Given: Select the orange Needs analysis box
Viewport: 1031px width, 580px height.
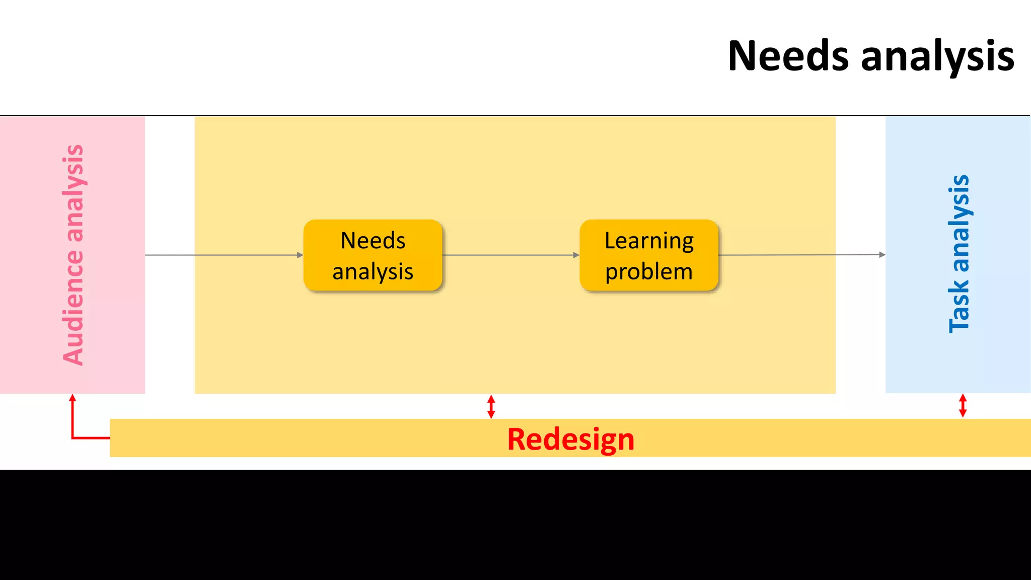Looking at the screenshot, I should pos(373,255).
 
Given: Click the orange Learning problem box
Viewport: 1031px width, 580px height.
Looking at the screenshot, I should pos(649,255).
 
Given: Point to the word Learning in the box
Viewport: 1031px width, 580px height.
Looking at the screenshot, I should pos(649,241).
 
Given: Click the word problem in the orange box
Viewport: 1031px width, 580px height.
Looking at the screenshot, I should pos(649,272).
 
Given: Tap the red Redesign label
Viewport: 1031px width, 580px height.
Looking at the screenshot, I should pos(570,439).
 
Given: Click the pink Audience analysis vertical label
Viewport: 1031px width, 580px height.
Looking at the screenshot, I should pos(73,255).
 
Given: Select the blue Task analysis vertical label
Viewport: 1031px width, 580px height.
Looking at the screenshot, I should pos(959,254).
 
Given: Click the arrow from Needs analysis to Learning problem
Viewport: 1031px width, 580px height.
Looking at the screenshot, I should pos(510,255).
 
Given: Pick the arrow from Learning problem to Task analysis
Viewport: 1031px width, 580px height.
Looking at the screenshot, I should pos(800,255).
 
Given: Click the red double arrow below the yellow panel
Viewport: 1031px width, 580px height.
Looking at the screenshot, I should pos(491,406).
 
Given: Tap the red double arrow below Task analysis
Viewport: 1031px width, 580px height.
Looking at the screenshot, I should pos(963,406).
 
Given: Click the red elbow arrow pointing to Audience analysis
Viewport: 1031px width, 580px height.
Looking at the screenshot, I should pos(73,428).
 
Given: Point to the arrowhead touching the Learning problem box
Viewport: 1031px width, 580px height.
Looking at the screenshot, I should pos(576,255).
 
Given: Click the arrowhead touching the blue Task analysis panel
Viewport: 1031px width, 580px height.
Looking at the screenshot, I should pos(882,255).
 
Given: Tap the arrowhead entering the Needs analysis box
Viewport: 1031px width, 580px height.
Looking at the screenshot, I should pos(300,255).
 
